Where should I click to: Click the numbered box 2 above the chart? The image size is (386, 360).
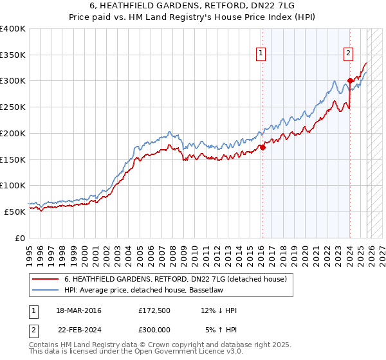pos(348,53)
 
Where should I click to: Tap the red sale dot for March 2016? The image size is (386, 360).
pos(262,147)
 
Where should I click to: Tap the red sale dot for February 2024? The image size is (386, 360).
pos(350,80)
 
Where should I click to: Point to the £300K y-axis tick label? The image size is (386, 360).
pos(13,81)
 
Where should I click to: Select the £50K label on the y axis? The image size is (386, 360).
pos(15,211)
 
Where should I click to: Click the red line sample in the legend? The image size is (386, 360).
pos(45,279)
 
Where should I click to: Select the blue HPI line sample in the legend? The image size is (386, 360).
pos(45,290)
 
